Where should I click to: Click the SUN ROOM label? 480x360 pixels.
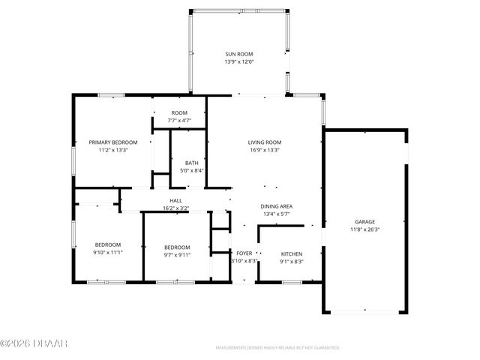point(238,54)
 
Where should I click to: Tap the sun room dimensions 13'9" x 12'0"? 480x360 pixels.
point(238,61)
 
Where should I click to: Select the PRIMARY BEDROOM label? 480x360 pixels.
point(113,142)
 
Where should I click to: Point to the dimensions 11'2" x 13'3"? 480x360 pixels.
point(113,150)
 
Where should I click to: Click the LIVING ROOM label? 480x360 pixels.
point(265,142)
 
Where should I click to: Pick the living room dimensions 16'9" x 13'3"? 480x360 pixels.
point(265,150)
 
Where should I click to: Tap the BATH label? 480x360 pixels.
point(191,163)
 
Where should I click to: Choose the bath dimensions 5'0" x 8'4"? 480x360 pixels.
point(191,171)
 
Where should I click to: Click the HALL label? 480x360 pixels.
point(175,200)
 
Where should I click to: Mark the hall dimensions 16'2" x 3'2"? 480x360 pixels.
point(175,208)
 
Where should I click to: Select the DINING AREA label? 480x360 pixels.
point(276,206)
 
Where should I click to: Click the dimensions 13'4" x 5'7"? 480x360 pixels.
point(276,214)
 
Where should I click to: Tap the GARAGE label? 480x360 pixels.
point(365,221)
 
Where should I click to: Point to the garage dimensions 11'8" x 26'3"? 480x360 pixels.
point(365,229)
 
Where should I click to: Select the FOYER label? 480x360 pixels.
point(244,253)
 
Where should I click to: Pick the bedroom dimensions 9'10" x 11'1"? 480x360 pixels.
point(107,253)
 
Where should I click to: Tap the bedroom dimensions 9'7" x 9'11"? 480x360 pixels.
point(177,256)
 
